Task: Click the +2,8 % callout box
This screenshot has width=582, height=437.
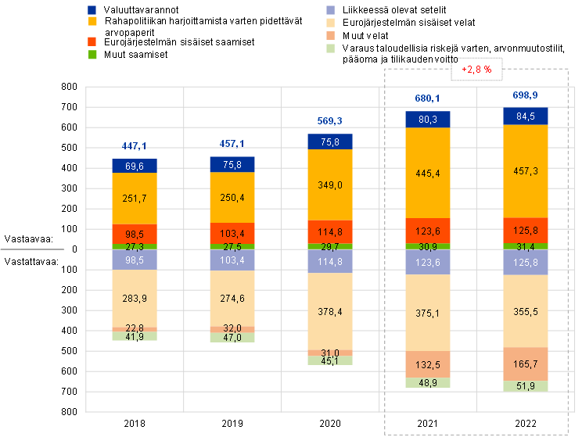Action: tap(476, 70)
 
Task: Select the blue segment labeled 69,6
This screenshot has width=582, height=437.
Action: tap(135, 166)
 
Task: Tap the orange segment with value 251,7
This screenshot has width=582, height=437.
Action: tap(135, 199)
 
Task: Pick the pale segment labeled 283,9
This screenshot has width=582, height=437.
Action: tap(135, 298)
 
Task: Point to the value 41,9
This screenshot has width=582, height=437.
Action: tap(135, 336)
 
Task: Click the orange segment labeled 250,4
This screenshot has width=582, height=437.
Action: tap(232, 197)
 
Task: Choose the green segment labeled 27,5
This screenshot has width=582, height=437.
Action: tap(232, 246)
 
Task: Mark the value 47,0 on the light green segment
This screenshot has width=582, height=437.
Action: tap(232, 338)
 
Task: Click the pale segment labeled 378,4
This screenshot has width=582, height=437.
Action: tap(330, 312)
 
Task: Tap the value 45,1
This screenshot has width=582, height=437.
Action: tap(330, 360)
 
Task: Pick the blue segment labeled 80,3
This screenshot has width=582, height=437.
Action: tap(428, 119)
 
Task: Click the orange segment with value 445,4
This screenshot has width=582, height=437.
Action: tap(428, 173)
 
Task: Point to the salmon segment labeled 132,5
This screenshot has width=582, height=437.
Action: tap(428, 364)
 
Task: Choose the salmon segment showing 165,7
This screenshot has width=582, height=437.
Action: tap(526, 364)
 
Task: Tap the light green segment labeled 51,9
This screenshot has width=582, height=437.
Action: tap(526, 385)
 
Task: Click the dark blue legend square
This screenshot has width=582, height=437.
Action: tap(92, 10)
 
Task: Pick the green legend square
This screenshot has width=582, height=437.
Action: tap(92, 55)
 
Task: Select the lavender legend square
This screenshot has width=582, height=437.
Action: tap(331, 10)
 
